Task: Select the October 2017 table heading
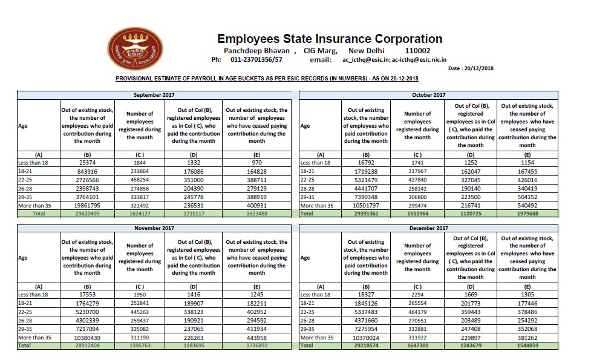(x=428, y=95)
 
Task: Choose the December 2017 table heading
(x=428, y=227)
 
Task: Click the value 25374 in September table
(x=88, y=162)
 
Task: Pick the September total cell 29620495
(x=88, y=214)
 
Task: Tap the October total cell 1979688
(x=527, y=214)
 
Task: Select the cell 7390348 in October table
(x=366, y=197)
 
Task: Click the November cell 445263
(x=140, y=312)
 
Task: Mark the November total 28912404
(x=88, y=345)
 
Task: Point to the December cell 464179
(x=417, y=312)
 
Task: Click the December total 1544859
(x=527, y=345)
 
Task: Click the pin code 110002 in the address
(x=418, y=51)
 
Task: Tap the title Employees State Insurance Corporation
(x=330, y=38)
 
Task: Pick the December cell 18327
(x=366, y=294)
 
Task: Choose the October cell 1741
(x=417, y=162)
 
